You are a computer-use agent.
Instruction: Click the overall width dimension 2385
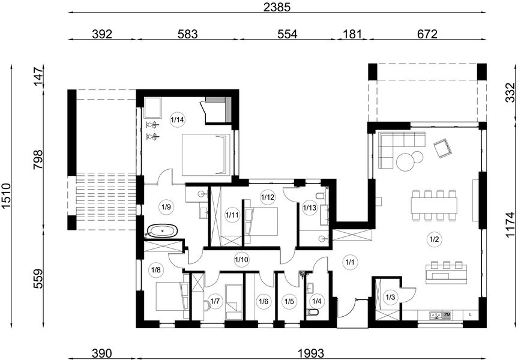pyautogui.click(x=277, y=7)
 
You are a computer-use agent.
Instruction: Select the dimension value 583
pyautogui.click(x=187, y=34)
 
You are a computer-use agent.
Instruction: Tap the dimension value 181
pyautogui.click(x=352, y=34)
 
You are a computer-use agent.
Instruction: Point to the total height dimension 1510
pyautogui.click(x=7, y=197)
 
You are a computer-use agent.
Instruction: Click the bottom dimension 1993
pyautogui.click(x=310, y=353)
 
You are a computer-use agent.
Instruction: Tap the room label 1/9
pyautogui.click(x=166, y=207)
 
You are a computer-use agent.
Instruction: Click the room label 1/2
pyautogui.click(x=434, y=239)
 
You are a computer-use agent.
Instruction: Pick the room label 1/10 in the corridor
pyautogui.click(x=241, y=260)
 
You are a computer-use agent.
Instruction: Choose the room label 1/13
pyautogui.click(x=310, y=208)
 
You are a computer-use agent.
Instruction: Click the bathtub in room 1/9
pyautogui.click(x=162, y=231)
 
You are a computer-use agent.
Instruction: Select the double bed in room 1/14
pyautogui.click(x=205, y=155)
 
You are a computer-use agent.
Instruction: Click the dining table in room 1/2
pyautogui.click(x=434, y=205)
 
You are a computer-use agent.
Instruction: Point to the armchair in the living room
pyautogui.click(x=442, y=148)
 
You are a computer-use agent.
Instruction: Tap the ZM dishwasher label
pyautogui.click(x=447, y=315)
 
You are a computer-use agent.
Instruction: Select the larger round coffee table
pyautogui.click(x=405, y=162)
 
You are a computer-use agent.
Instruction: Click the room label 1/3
pyautogui.click(x=390, y=297)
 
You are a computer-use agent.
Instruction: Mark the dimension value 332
pyautogui.click(x=510, y=92)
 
